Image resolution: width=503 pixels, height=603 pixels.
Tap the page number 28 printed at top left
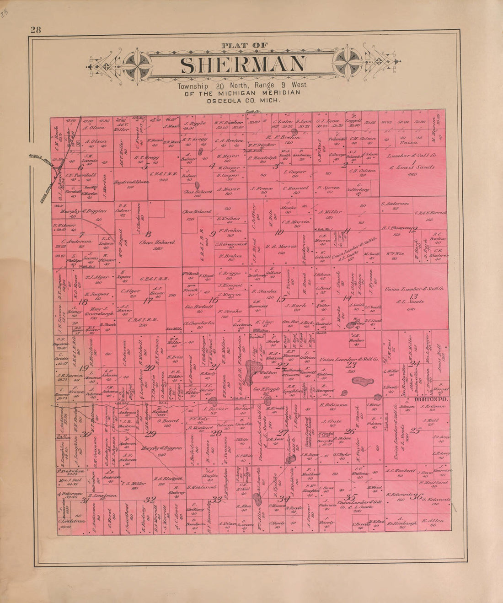click(36, 31)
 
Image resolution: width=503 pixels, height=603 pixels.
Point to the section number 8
click(148, 234)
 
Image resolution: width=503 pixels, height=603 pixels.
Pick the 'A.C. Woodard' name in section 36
click(400, 470)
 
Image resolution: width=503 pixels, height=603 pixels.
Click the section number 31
click(84, 501)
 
